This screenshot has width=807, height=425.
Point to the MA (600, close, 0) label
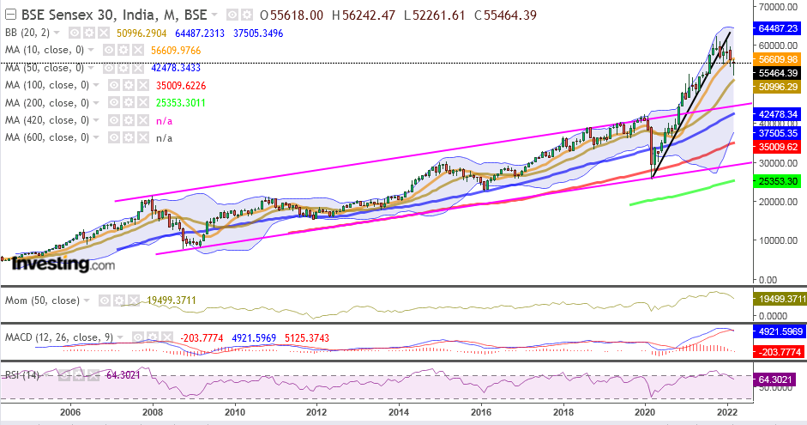coord(50,137)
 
